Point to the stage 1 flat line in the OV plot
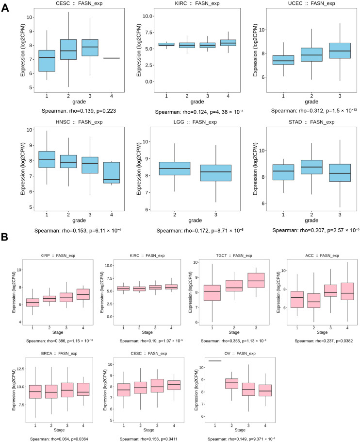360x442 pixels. (x=214, y=361)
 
